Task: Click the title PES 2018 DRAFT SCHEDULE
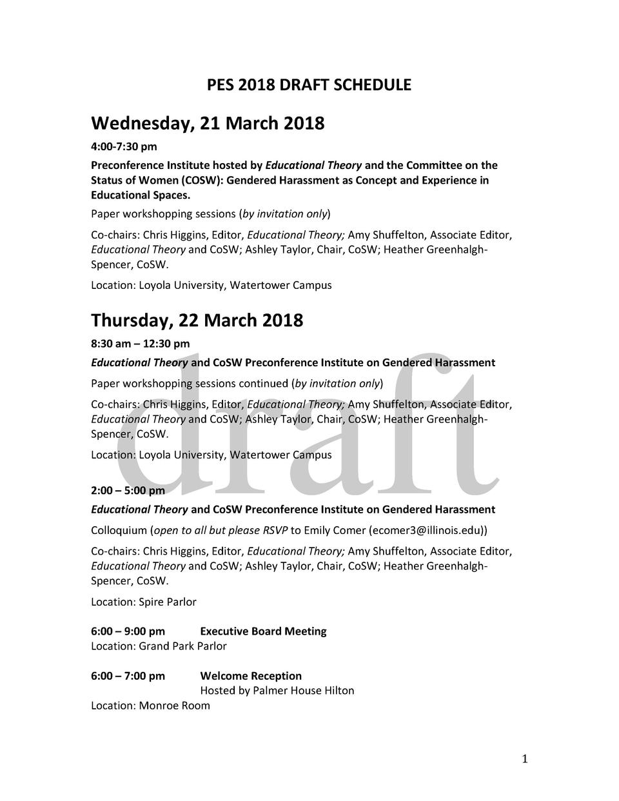point(309,85)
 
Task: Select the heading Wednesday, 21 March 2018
point(208,123)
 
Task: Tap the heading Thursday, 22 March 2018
point(197,320)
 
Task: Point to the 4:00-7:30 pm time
point(124,147)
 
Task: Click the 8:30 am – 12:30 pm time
point(140,344)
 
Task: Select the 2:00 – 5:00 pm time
point(128,491)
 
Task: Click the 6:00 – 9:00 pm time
point(128,631)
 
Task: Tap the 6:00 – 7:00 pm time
point(128,676)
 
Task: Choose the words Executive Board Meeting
point(263,631)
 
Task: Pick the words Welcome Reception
point(251,676)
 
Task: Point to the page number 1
point(525,759)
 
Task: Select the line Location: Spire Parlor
point(143,602)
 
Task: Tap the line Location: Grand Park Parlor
point(159,646)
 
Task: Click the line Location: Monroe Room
point(150,706)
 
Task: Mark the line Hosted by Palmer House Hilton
point(277,691)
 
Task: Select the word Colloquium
point(119,531)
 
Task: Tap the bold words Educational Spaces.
point(141,195)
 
